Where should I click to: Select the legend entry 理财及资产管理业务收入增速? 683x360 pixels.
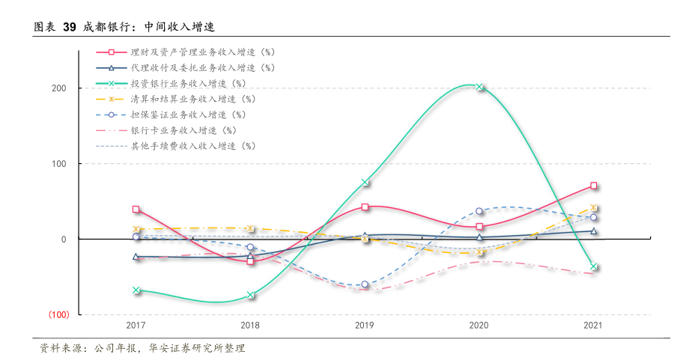202,52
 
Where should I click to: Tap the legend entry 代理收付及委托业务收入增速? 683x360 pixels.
202,67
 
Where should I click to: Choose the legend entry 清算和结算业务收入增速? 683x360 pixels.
193,99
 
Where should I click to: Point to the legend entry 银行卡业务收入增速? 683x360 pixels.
183,130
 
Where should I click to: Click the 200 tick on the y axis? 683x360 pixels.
59,88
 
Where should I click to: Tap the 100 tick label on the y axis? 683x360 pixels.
59,164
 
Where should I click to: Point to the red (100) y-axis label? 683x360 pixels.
58,314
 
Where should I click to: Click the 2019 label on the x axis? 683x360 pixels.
365,326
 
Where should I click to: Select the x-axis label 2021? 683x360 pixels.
593,326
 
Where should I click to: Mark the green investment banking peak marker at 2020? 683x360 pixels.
479,87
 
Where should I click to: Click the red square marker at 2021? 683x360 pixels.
594,186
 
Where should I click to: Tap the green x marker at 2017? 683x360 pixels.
136,290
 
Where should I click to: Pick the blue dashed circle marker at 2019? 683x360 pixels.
365,284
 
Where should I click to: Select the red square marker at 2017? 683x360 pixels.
136,210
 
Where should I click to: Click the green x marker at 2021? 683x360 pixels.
594,266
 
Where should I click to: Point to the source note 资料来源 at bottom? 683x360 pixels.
142,349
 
